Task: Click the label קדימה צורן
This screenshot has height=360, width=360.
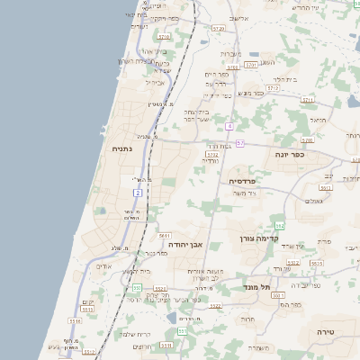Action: (261, 238)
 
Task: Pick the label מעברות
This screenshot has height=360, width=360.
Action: (230, 54)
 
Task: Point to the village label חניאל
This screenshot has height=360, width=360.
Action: (319, 119)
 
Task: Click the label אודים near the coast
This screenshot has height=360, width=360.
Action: (103, 266)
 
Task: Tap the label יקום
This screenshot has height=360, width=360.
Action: (87, 301)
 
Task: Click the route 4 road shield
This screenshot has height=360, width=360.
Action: (230, 126)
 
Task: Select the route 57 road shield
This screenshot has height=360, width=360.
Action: (240, 144)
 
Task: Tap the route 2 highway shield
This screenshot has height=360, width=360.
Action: (137, 193)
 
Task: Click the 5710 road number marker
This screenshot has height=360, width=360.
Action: (163, 38)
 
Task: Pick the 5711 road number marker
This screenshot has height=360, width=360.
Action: (251, 66)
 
